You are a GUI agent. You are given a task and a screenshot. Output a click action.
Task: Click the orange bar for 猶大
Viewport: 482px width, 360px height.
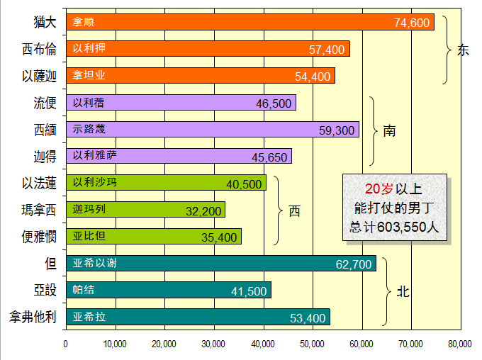248,22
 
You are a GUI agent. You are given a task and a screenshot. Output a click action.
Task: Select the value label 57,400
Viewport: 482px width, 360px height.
327,50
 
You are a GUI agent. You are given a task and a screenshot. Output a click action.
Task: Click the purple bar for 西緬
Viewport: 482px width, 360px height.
213,129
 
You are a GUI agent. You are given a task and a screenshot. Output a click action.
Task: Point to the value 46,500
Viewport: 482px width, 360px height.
274,103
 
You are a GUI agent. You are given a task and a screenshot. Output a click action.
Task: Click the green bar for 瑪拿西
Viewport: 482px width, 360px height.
145,209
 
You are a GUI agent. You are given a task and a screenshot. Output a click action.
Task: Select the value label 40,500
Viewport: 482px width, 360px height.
244,184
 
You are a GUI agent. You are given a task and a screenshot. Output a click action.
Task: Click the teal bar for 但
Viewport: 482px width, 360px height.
220,263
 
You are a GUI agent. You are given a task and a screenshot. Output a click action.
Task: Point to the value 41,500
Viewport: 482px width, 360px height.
249,291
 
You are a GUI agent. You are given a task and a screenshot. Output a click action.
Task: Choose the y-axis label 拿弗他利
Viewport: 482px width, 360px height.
33,317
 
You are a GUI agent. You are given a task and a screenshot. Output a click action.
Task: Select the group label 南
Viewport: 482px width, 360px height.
389,131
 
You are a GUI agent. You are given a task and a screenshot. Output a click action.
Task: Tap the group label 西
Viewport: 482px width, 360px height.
294,211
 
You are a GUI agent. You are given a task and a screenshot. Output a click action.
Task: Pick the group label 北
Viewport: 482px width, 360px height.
403,291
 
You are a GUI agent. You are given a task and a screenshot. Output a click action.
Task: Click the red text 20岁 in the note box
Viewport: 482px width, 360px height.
379,189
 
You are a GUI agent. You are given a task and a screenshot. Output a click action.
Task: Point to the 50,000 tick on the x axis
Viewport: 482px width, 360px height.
313,344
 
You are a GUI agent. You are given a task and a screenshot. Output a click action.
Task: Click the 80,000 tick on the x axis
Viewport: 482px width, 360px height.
460,344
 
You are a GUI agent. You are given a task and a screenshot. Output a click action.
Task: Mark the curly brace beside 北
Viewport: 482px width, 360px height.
388,291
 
